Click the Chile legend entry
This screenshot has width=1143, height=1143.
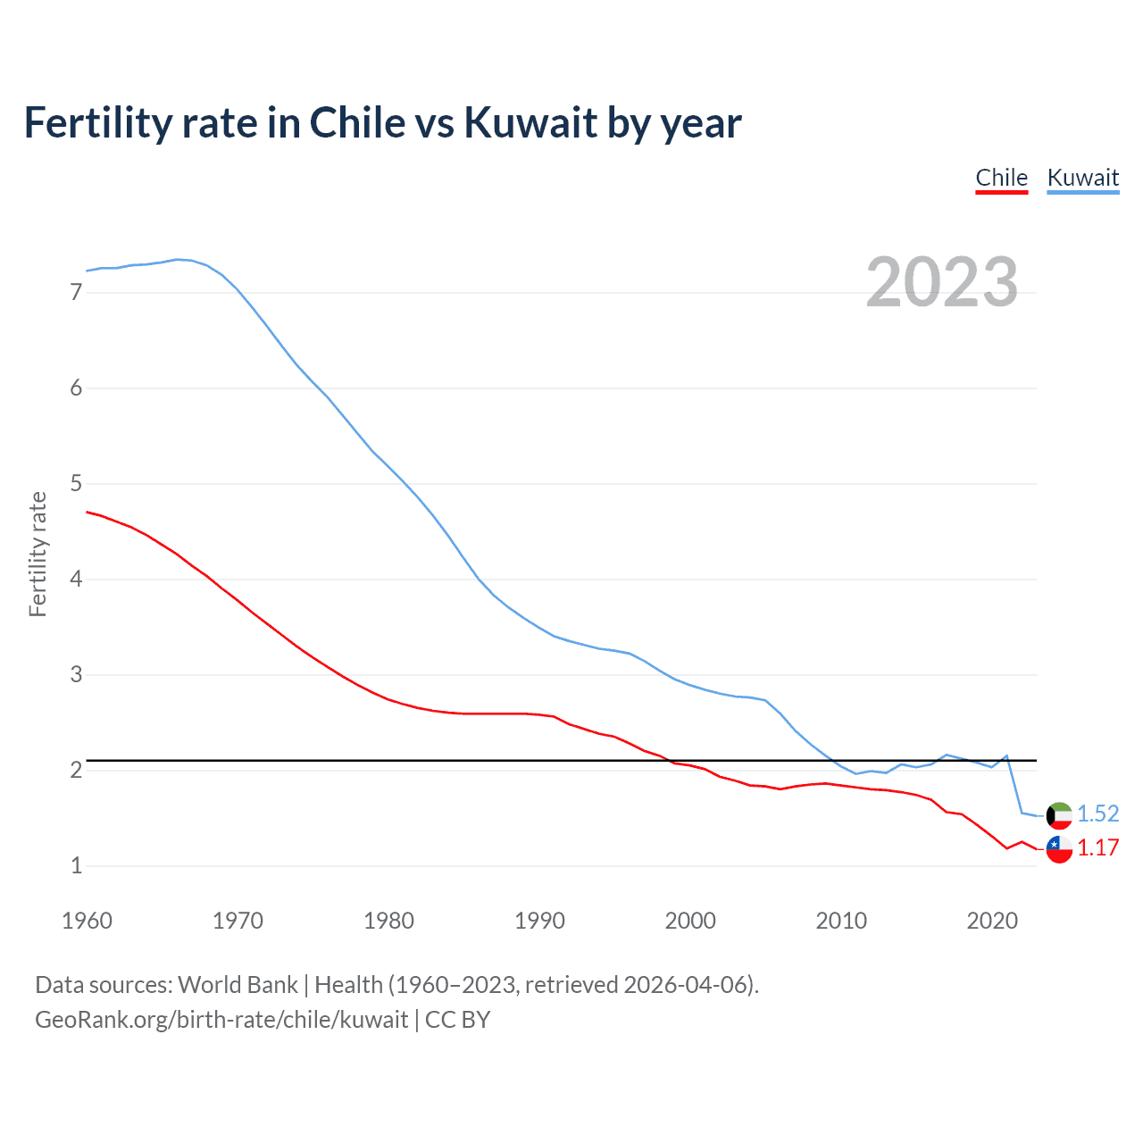pos(1001,178)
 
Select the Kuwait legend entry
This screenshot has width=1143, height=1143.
pos(1082,178)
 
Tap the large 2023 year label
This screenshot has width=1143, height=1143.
pos(942,282)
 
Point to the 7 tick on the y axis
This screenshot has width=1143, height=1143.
pos(76,292)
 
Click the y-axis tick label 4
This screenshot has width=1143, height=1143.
pos(76,579)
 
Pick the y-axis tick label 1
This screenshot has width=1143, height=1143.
pos(76,865)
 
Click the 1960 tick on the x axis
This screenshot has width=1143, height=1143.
pos(87,921)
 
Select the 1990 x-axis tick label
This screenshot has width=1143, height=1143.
pos(539,921)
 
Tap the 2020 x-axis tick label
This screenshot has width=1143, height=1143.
pos(992,921)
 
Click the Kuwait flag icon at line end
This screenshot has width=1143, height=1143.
pos(1059,815)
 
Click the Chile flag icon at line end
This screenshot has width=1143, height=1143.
pos(1059,849)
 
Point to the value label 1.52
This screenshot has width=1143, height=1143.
pos(1097,813)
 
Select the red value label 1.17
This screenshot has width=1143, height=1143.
pos(1097,847)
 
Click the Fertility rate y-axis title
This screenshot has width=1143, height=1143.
pos(38,554)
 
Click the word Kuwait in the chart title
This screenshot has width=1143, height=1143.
pos(530,123)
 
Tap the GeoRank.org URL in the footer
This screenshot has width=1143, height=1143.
pos(221,1020)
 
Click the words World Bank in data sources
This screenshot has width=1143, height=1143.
pos(238,985)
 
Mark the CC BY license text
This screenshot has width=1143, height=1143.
pos(457,1020)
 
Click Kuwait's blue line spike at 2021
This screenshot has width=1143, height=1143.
pos(1007,755)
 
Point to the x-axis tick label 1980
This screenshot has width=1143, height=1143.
pos(388,921)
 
